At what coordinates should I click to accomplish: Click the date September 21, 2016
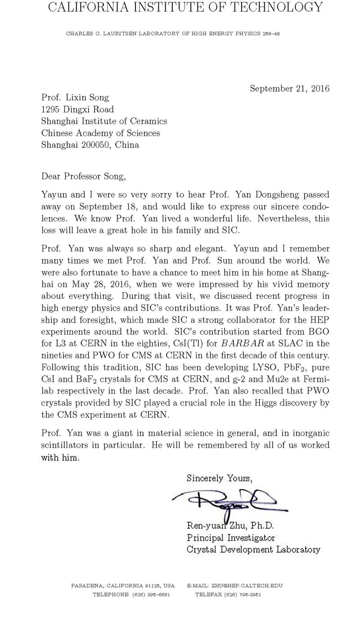pyautogui.click(x=289, y=89)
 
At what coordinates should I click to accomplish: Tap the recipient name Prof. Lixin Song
pyautogui.click(x=75, y=97)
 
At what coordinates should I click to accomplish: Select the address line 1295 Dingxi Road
pyautogui.click(x=77, y=109)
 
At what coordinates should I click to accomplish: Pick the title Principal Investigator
pyautogui.click(x=230, y=538)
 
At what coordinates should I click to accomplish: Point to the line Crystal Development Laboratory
pyautogui.click(x=253, y=549)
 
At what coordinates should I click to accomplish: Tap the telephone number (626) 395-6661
pyautogui.click(x=150, y=594)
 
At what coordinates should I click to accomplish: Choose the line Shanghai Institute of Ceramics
pyautogui.click(x=104, y=121)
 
